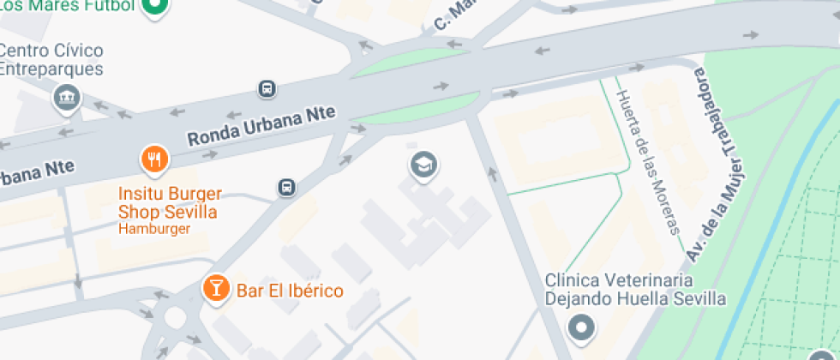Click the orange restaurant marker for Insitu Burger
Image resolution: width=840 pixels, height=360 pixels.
pos(153,159)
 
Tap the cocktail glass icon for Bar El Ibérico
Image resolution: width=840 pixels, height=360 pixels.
pos(215,289)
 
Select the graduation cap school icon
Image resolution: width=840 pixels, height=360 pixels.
pos(423,164)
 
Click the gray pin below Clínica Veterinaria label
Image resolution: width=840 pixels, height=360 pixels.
pos(581,327)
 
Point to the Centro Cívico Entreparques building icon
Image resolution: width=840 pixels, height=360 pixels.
pos(66,98)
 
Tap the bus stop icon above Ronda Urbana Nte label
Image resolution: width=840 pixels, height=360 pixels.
pos(267,88)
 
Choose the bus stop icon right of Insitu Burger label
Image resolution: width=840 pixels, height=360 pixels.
pos(286,187)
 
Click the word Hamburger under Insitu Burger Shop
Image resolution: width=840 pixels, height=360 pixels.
pos(154,229)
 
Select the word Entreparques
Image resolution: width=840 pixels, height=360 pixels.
pos(51,69)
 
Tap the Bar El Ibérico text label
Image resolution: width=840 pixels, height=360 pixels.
pos(289,291)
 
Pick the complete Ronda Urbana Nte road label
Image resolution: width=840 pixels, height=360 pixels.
pos(261,126)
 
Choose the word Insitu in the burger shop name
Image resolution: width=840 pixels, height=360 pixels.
pos(137,193)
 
